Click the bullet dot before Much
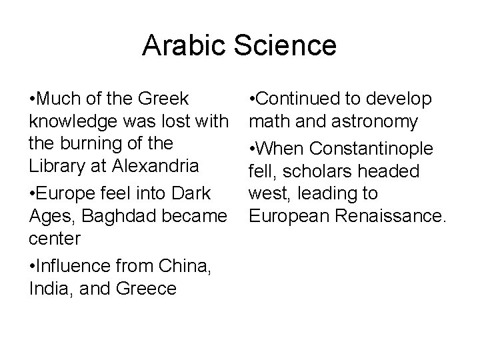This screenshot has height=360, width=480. [x=33, y=100]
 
